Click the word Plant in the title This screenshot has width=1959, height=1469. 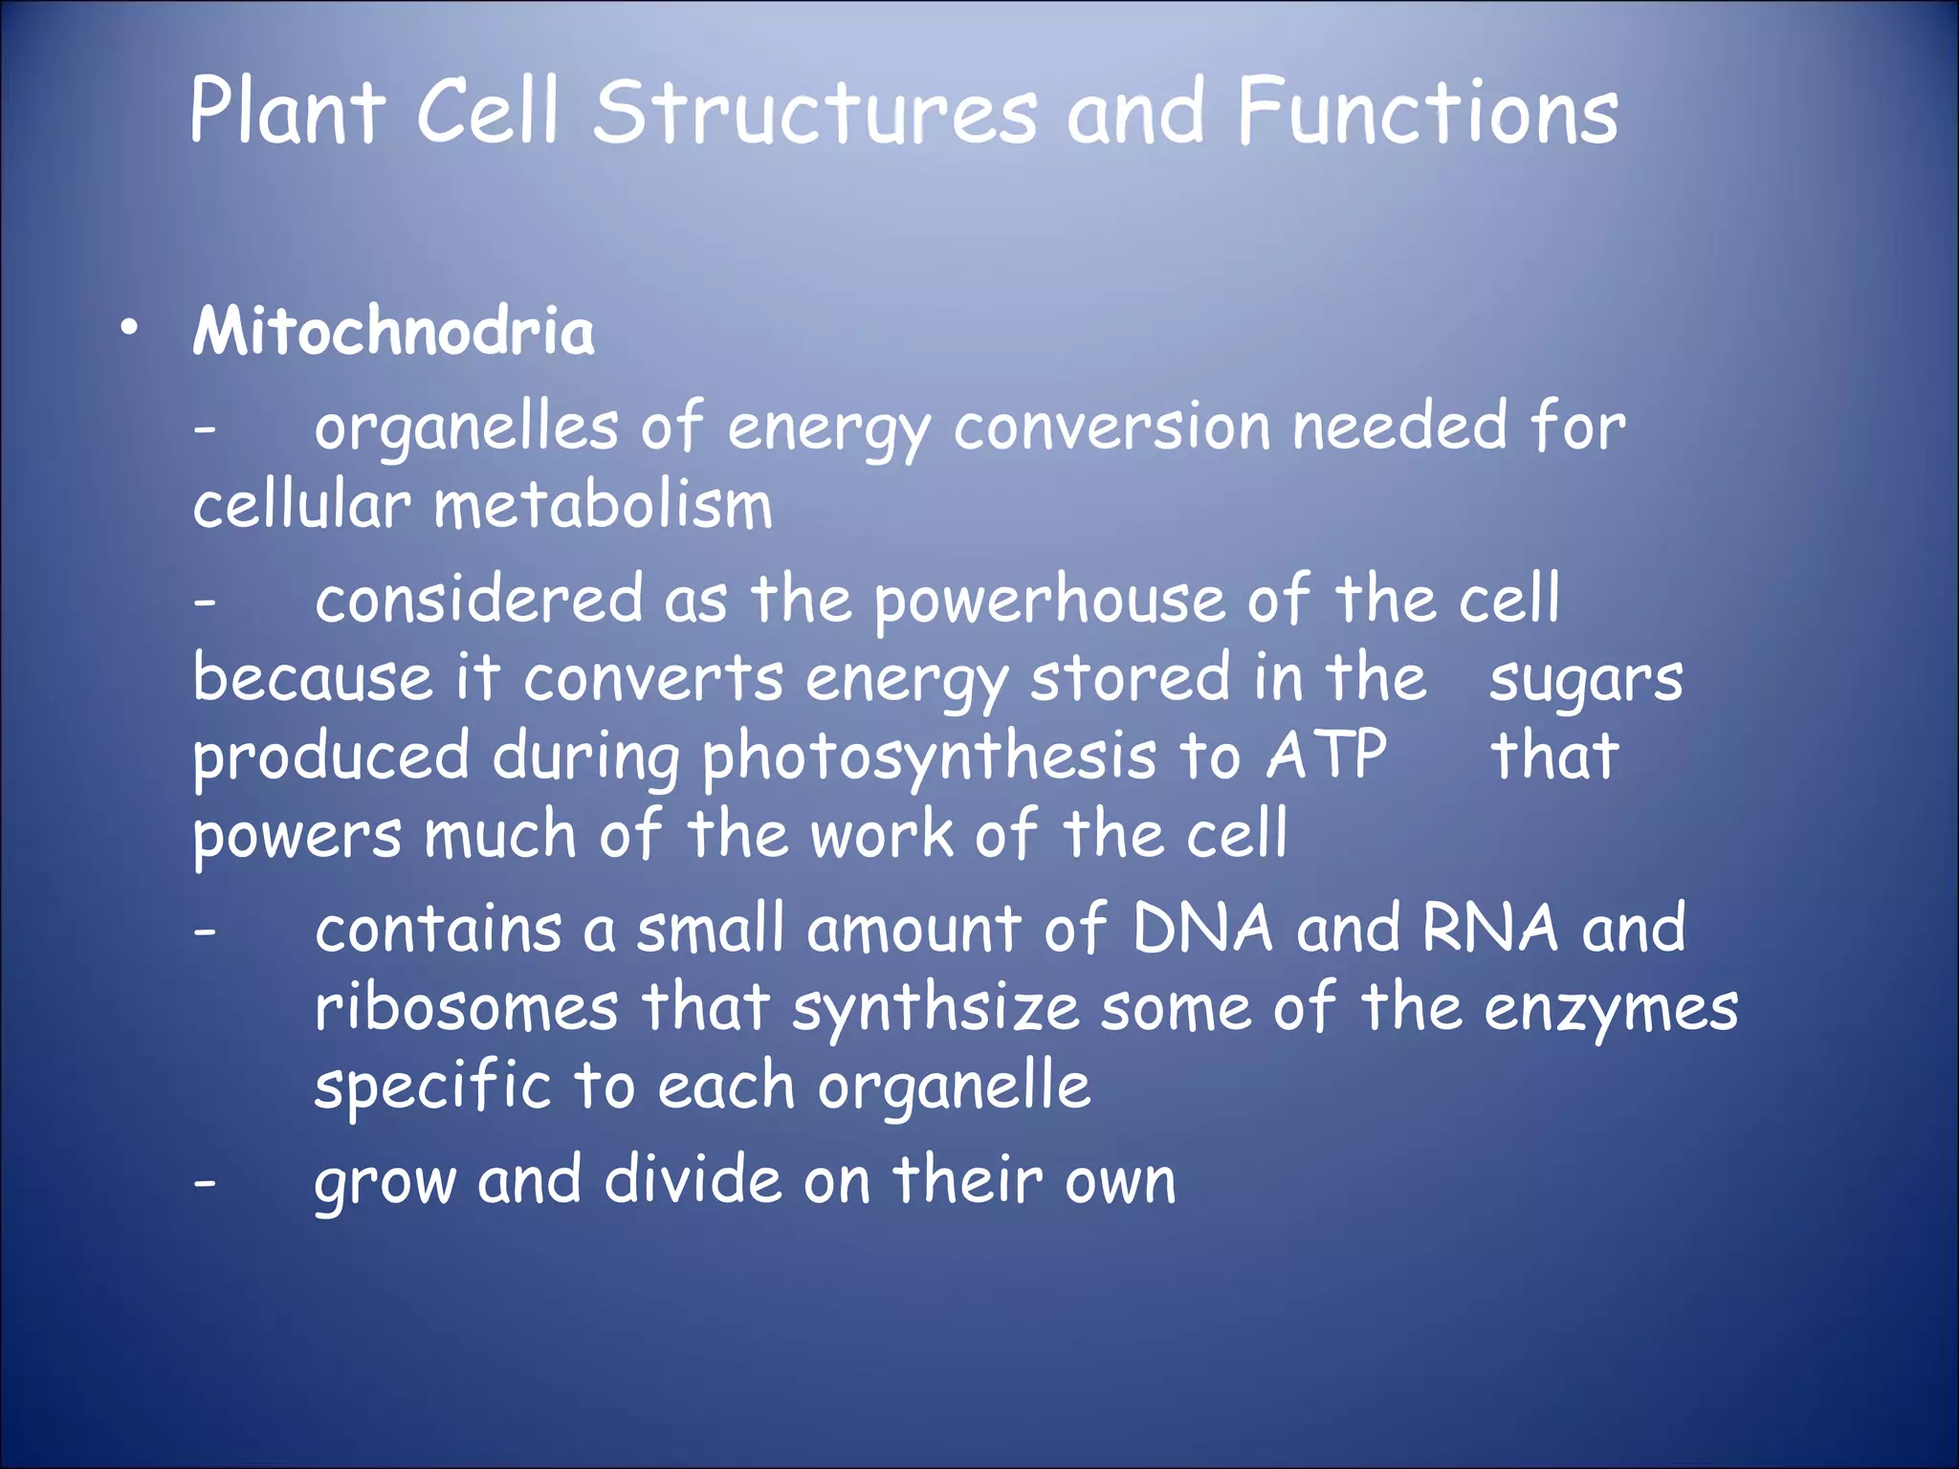[x=287, y=113]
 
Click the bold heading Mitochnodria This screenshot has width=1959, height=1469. [x=393, y=332]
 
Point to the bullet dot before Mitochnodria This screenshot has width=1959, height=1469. [x=129, y=329]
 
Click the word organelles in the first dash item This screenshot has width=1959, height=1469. [x=467, y=428]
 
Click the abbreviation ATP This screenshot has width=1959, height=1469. [x=1327, y=756]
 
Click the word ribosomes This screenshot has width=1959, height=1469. [x=467, y=1008]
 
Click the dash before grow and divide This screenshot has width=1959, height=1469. [x=205, y=1184]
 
